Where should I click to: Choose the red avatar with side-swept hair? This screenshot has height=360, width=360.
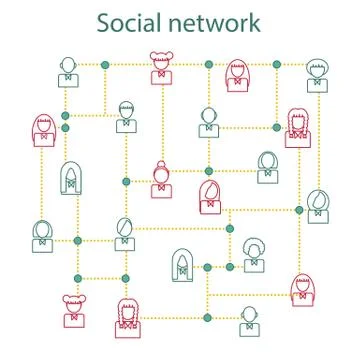210,196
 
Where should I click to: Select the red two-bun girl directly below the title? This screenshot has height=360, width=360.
161,68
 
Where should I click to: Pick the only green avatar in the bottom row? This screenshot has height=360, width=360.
250,320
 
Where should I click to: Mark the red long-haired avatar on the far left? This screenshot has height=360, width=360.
43,131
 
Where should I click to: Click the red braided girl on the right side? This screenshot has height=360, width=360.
298,128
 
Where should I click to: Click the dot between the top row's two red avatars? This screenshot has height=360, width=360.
208,64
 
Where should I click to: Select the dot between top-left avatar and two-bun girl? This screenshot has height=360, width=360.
105,64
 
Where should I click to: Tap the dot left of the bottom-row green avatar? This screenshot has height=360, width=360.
208,318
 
